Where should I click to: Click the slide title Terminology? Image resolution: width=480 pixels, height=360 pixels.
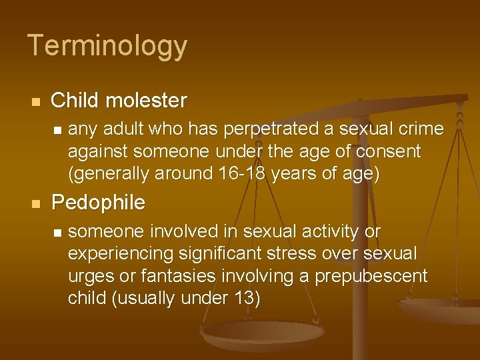[107, 46]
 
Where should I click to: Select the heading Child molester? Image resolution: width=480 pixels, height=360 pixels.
[119, 101]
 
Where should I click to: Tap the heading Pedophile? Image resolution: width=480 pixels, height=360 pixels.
[98, 202]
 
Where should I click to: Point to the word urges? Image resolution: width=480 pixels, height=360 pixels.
[89, 275]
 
